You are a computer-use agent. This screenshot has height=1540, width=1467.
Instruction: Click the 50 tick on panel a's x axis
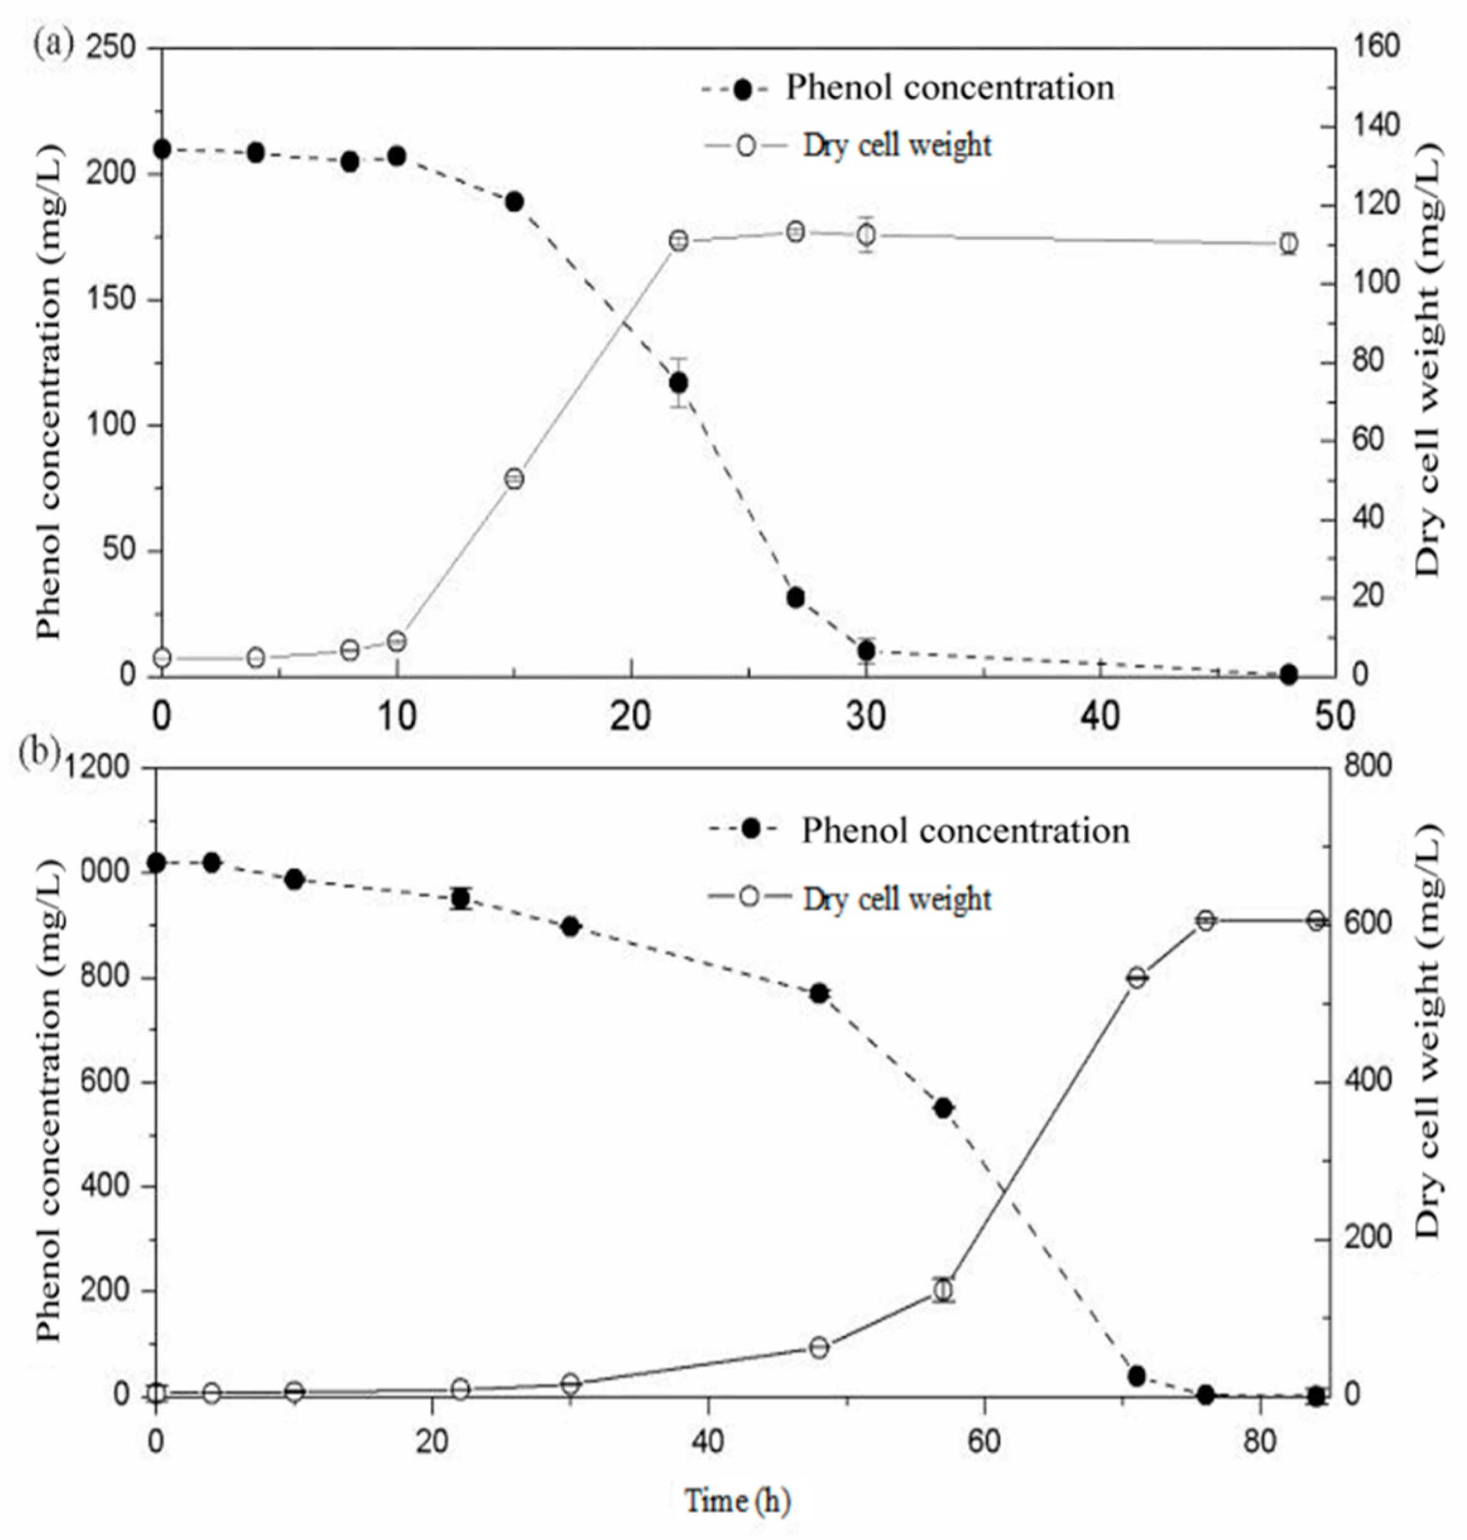click(x=1334, y=716)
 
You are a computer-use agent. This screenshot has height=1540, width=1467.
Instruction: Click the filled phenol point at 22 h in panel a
click(x=678, y=382)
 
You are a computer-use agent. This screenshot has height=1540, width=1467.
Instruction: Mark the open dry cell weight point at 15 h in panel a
click(x=514, y=479)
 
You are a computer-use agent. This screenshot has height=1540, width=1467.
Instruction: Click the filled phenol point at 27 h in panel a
click(x=795, y=598)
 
